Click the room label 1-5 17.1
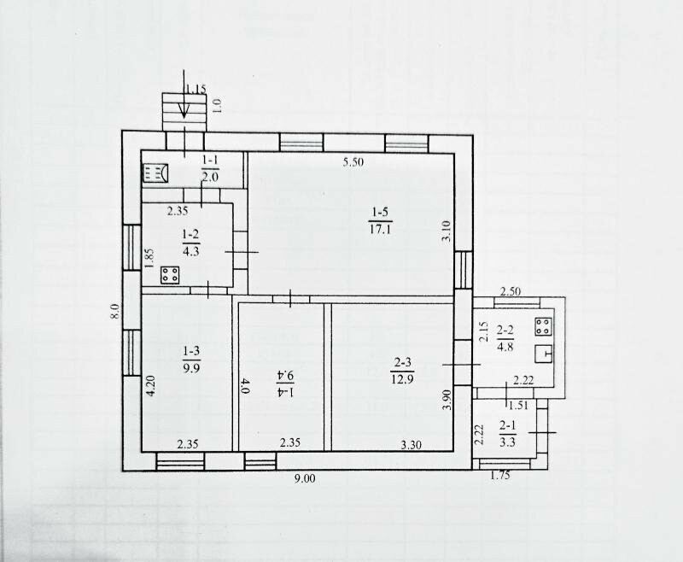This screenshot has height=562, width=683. click(x=380, y=220)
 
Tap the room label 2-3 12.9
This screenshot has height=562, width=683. click(x=403, y=371)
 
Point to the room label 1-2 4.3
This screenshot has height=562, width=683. click(x=190, y=243)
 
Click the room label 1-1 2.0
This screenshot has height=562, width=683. click(x=210, y=168)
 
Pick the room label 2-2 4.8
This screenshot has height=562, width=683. click(x=505, y=338)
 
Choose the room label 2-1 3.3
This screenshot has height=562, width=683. click(x=507, y=435)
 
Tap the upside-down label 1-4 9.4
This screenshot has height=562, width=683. click(x=285, y=383)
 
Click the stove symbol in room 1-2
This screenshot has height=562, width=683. click(x=170, y=275)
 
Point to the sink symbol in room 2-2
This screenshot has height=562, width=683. click(x=544, y=354)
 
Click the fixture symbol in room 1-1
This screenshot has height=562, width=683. click(x=155, y=173)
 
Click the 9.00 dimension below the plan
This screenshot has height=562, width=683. click(x=305, y=479)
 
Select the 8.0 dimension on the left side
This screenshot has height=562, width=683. click(x=114, y=312)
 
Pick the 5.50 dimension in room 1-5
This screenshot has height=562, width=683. click(x=353, y=162)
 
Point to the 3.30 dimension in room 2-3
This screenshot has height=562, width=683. click(x=412, y=445)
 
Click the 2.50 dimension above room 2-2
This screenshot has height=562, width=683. click(x=510, y=291)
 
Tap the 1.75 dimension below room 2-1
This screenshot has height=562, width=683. click(x=500, y=476)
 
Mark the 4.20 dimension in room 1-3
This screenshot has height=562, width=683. click(x=151, y=385)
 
